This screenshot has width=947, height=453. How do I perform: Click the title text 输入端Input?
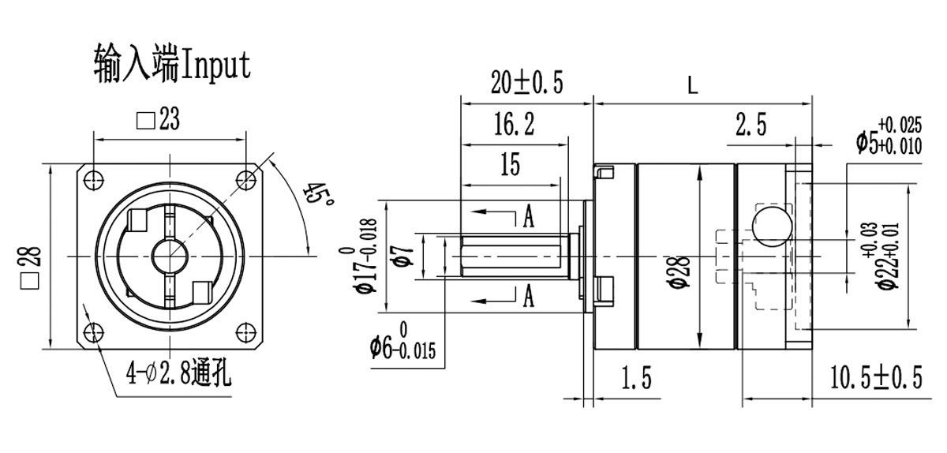[171, 63]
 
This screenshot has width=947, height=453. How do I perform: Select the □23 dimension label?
[158, 119]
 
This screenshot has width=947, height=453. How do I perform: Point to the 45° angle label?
[317, 197]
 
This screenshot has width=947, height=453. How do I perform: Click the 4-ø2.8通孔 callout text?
[178, 373]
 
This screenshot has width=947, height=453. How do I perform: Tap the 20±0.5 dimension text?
[527, 82]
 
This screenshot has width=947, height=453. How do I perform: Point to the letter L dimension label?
[693, 85]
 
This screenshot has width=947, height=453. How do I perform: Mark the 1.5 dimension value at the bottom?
[636, 380]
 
